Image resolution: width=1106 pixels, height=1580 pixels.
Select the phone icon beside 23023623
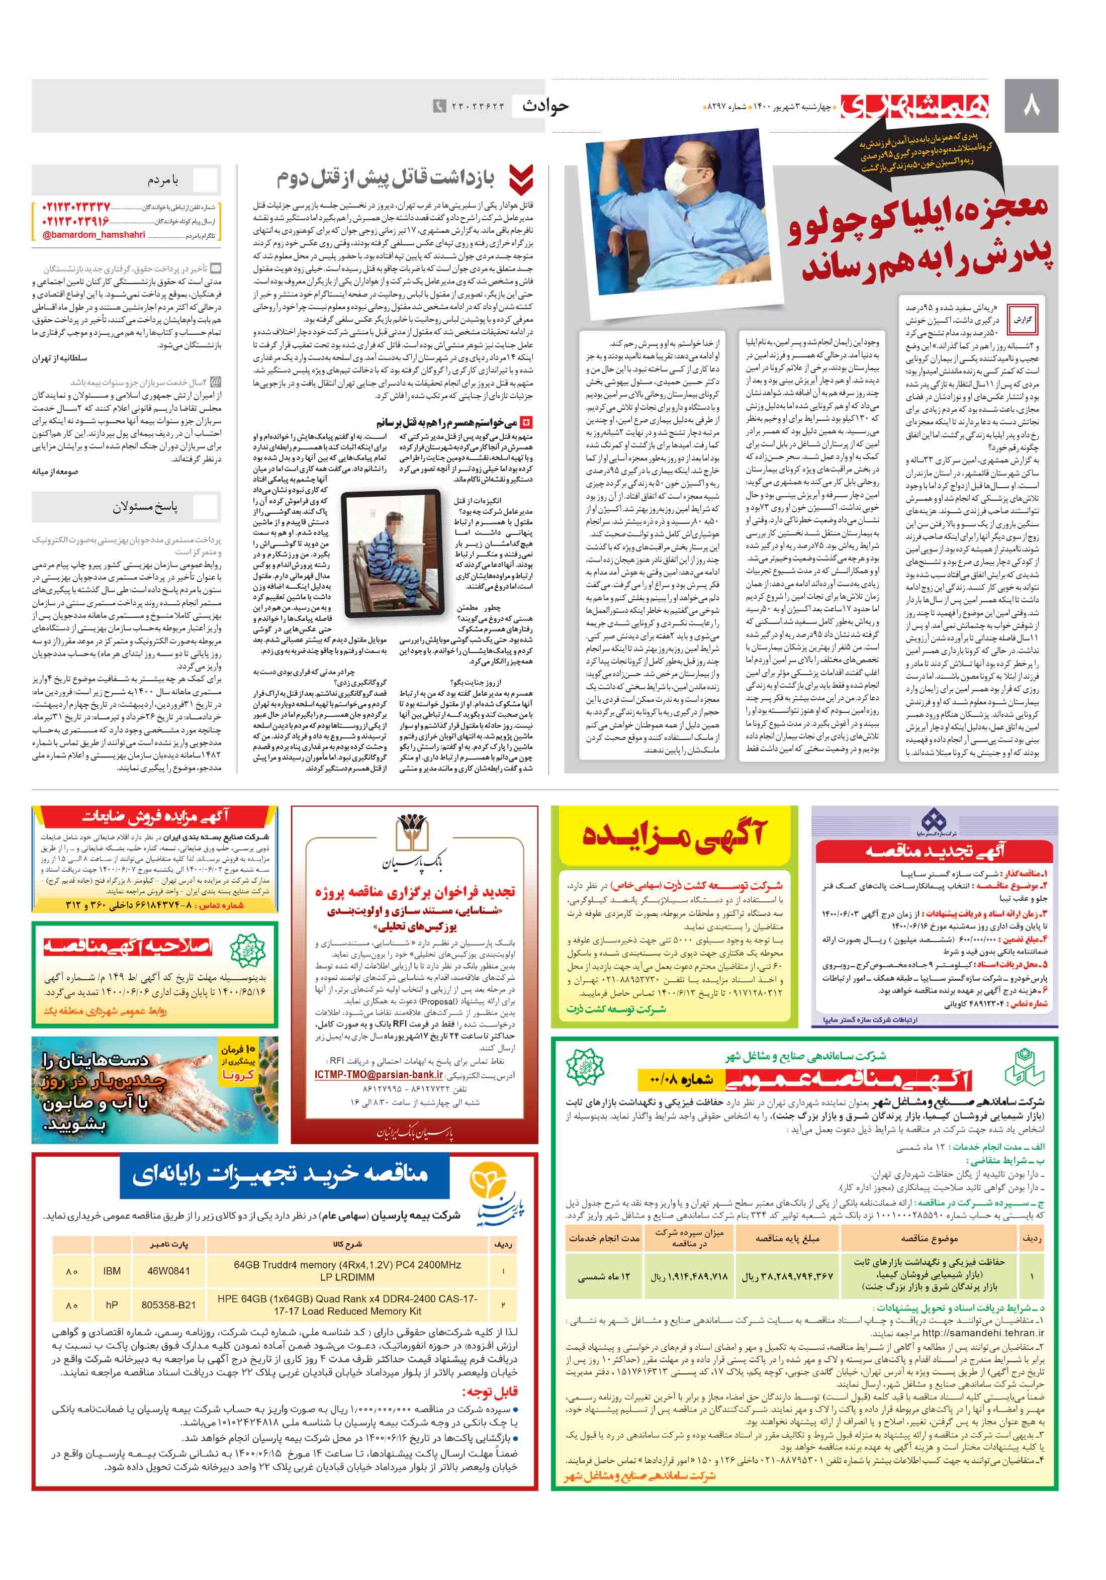pyautogui.click(x=439, y=106)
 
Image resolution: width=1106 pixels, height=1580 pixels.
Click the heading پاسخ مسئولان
pyautogui.click(x=145, y=507)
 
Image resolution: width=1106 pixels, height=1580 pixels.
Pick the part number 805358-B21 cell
pyautogui.click(x=168, y=1305)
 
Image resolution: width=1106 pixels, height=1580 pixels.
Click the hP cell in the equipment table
pyautogui.click(x=112, y=1305)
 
